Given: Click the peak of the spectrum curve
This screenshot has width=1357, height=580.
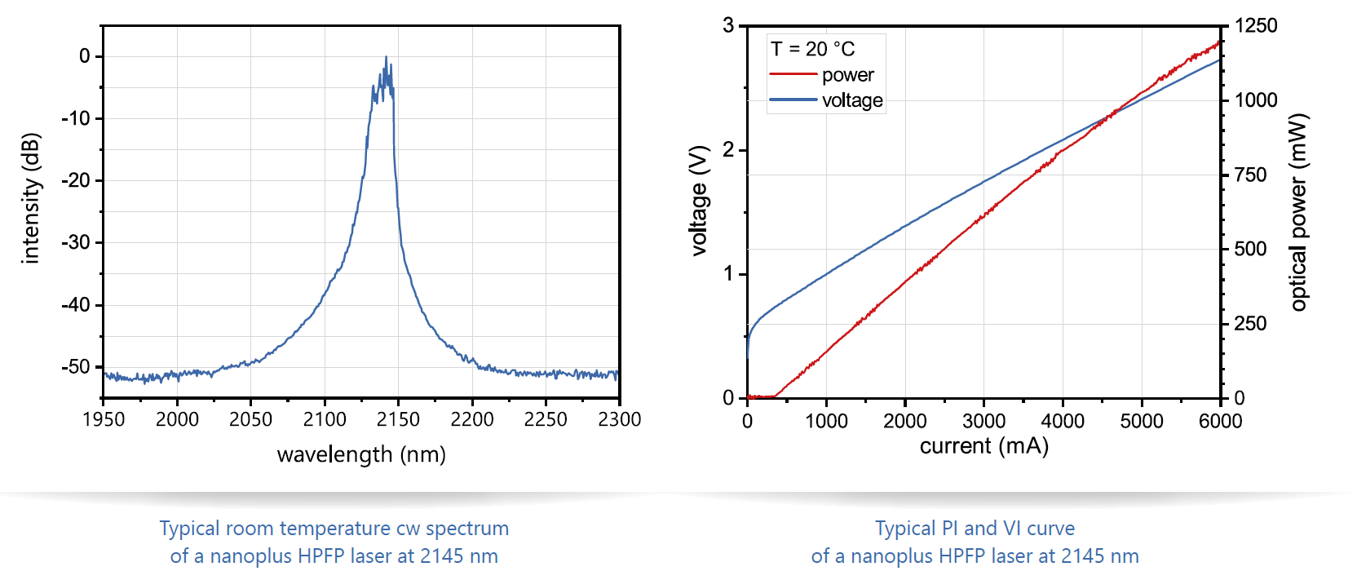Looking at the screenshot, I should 386,57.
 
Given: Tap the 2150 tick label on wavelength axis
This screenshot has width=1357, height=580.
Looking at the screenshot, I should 398,419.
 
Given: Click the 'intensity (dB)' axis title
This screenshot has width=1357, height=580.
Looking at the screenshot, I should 31,198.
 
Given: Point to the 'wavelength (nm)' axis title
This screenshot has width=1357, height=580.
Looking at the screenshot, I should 361,454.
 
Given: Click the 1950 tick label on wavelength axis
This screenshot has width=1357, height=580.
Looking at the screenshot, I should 104,419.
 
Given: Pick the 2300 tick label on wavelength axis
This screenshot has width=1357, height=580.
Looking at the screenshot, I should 620,419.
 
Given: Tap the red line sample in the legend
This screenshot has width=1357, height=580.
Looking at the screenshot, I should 793,75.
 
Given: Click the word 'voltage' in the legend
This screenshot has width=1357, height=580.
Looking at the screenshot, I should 852,100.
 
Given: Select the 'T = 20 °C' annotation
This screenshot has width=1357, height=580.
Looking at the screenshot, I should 813,49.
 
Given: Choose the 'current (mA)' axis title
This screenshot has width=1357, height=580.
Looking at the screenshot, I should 984,446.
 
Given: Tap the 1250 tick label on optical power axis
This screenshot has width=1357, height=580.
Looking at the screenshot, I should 1256,26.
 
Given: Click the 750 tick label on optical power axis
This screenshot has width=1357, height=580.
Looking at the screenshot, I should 1250,175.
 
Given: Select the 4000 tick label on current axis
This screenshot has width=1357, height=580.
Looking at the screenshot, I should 1063,421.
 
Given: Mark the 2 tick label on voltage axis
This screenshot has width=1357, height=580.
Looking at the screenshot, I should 728,149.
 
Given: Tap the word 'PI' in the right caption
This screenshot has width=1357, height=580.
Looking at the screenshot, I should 950,529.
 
